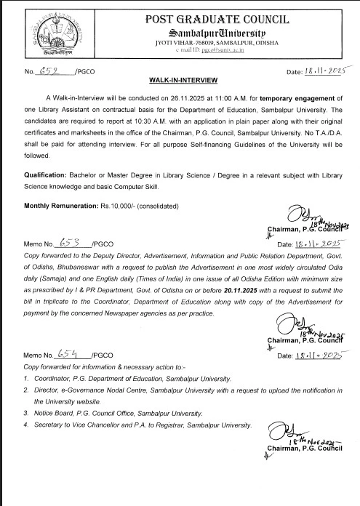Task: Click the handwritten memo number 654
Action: click(x=69, y=353)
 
